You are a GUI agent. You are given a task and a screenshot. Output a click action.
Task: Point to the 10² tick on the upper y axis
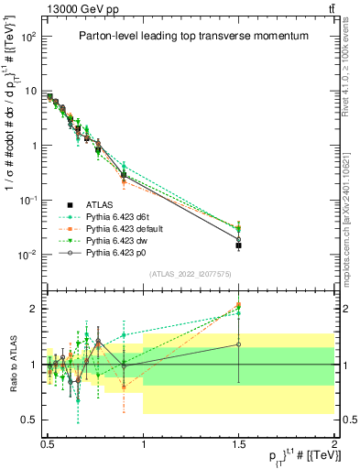point(28,37)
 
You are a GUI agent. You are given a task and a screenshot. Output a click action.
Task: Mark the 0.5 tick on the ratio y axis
point(30,420)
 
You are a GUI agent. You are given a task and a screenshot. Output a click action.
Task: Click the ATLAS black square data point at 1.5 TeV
point(239,245)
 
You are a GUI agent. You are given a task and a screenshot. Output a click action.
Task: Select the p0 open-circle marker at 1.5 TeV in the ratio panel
point(239,344)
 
